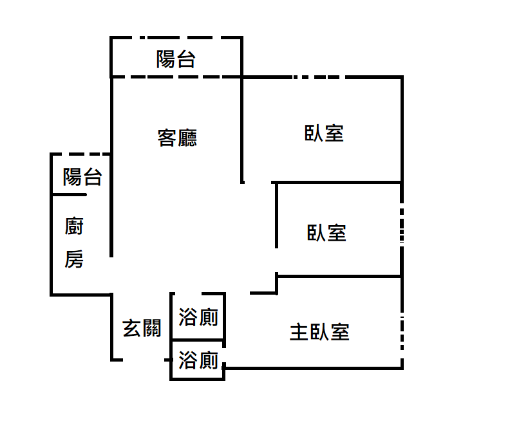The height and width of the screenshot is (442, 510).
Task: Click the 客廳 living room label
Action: pos(177,138)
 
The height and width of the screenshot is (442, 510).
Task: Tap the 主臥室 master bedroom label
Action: pos(319,333)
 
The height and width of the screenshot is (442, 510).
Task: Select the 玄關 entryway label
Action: pos(142,328)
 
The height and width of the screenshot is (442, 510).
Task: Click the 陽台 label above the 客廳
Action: pos(176,60)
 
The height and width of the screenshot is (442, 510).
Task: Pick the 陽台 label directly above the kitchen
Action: pos(82,177)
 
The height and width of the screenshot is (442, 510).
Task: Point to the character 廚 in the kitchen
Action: pos(74,226)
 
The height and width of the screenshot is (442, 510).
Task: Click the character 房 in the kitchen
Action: pos(74,259)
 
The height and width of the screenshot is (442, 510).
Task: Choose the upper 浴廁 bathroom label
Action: pos(198,317)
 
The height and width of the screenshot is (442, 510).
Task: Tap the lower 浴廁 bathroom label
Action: pos(198,360)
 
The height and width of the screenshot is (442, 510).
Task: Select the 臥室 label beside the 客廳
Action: pos(324,133)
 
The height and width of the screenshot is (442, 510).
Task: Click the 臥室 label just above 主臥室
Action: pos(326,232)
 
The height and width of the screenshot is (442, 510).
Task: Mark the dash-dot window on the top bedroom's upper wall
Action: pos(309,78)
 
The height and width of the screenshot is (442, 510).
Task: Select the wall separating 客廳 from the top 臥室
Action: pos(242,129)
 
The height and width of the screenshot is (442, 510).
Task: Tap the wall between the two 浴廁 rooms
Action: pos(198,340)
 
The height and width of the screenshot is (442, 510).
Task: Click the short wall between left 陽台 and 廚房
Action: pos(68,194)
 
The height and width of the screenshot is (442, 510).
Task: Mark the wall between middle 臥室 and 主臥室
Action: pos(338,276)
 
